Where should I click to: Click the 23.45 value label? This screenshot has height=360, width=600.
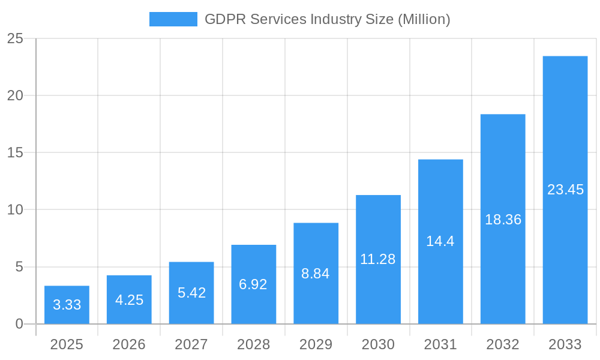565,190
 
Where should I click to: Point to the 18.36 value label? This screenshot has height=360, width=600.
503,220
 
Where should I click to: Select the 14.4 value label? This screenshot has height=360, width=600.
440,241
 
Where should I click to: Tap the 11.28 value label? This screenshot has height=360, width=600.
378,259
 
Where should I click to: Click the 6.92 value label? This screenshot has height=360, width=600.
253,284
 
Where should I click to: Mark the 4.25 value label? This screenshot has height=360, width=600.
129,300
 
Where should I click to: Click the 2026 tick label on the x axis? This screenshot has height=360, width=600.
129,344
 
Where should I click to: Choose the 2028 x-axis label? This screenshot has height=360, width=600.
253,344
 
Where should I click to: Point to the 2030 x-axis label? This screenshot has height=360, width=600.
378,344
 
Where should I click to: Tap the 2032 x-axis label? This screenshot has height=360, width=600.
503,344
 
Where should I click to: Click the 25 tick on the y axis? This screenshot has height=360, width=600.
15,39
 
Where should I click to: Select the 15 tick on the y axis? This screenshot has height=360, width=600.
15,153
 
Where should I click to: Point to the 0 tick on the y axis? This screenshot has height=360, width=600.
19,324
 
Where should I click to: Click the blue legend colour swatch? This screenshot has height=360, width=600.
173,19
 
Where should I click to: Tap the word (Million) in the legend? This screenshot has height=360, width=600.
424,19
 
